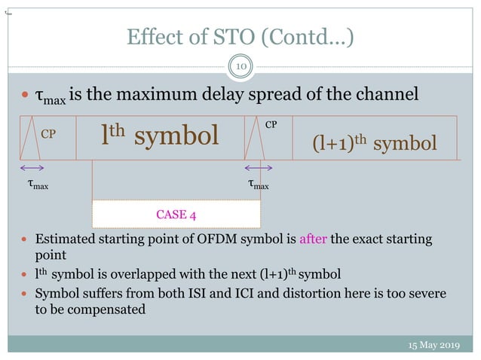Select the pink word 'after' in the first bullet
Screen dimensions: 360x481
point(312,239)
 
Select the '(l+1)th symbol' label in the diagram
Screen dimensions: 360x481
point(375,143)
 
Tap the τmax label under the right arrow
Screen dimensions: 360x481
point(259,183)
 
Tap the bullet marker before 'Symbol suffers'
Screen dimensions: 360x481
point(23,293)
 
